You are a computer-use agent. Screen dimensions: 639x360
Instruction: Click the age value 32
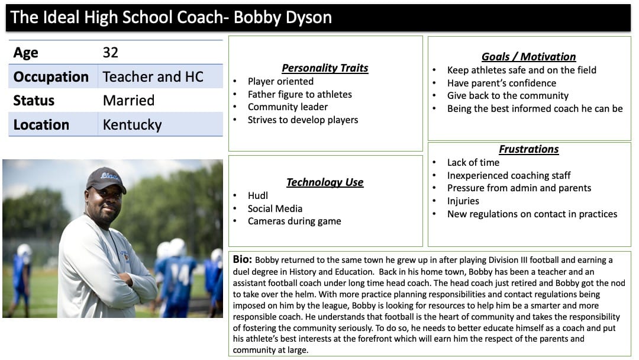pos(111,53)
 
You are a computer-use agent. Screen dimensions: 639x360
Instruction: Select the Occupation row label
pos(51,76)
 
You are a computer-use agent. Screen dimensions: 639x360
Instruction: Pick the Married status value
pos(129,100)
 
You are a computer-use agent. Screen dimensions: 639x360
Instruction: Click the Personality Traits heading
pos(325,68)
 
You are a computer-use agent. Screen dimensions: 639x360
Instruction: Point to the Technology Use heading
pos(325,182)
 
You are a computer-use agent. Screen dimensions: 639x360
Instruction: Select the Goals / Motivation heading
pos(528,57)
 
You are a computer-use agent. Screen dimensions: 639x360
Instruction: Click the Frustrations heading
pos(528,149)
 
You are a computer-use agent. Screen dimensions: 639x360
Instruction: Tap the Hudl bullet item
pos(257,196)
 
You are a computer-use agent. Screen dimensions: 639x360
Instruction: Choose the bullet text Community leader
pos(288,107)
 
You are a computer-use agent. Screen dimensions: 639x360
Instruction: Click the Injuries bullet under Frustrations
pos(463,201)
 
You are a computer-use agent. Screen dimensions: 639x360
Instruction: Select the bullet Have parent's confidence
pos(501,83)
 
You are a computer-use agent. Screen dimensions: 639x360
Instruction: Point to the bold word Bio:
pos(243,259)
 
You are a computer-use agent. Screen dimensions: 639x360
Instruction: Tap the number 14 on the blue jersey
pos(180,274)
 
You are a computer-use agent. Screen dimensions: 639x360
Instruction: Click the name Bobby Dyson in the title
pos(283,18)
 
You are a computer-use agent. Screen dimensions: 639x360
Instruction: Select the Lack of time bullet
pos(473,163)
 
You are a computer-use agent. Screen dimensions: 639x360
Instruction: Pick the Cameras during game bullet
pos(294,221)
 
